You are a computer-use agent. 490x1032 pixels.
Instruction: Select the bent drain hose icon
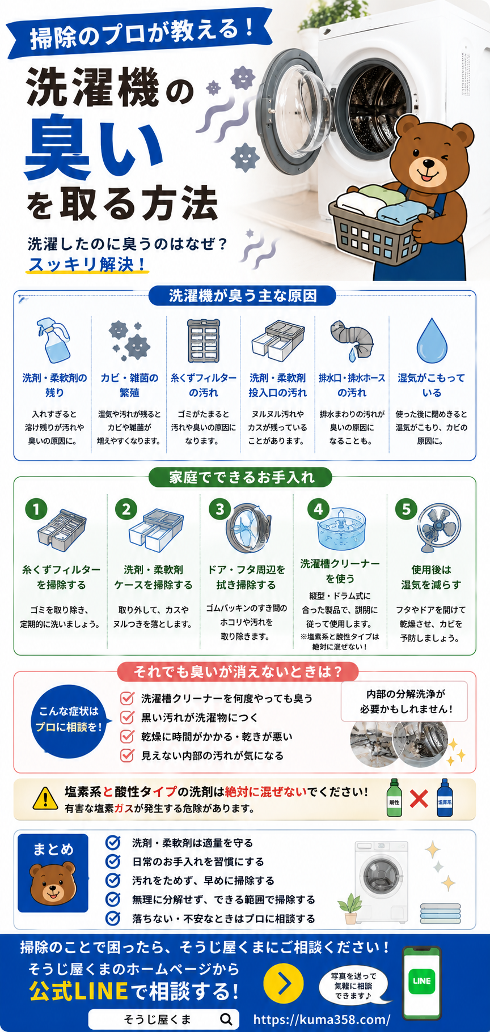pyautogui.click(x=352, y=340)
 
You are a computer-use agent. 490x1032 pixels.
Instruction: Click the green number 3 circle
pyautogui.click(x=219, y=509)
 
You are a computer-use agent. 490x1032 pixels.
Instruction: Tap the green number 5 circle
pyautogui.click(x=406, y=509)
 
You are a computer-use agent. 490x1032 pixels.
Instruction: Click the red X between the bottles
pyautogui.click(x=419, y=799)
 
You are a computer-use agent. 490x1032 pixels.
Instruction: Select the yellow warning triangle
pyautogui.click(x=45, y=799)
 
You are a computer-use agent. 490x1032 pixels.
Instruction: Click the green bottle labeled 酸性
pyautogui.click(x=394, y=798)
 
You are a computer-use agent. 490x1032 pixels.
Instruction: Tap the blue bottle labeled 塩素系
pyautogui.click(x=445, y=798)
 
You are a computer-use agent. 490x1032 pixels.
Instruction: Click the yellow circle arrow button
pyautogui.click(x=284, y=983)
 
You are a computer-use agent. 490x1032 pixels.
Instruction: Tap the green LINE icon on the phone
pyautogui.click(x=422, y=980)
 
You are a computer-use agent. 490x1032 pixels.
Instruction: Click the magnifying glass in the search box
pyautogui.click(x=226, y=1019)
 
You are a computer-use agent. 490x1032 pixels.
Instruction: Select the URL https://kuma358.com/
pyautogui.click(x=322, y=1019)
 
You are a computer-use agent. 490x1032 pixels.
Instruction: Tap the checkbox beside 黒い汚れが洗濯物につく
pyautogui.click(x=127, y=717)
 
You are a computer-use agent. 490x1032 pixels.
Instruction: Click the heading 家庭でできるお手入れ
pyautogui.click(x=242, y=477)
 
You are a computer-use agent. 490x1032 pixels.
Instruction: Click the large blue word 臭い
pyautogui.click(x=94, y=146)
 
